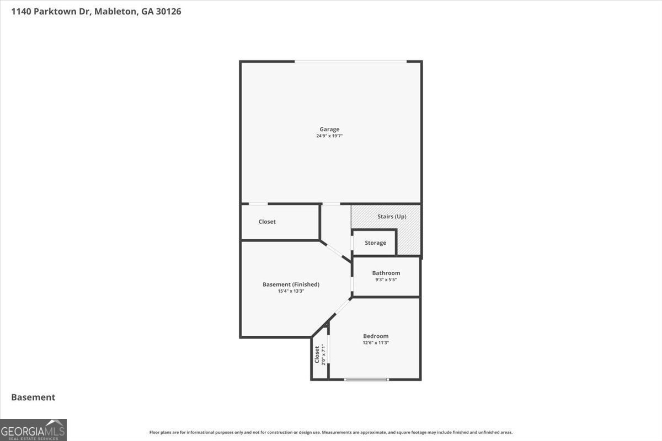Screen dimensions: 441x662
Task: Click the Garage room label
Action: click(x=329, y=130)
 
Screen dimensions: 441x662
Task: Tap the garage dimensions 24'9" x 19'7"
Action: click(x=329, y=136)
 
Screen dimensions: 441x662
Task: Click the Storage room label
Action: click(x=375, y=243)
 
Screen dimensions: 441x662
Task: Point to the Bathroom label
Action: click(x=386, y=273)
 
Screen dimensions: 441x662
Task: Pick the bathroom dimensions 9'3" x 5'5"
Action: click(x=386, y=279)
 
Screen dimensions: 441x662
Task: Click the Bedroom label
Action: click(x=376, y=336)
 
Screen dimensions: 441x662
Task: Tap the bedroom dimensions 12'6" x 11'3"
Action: click(x=376, y=343)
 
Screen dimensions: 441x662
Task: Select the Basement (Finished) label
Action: click(x=291, y=284)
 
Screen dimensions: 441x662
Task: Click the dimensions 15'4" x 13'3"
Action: click(x=291, y=291)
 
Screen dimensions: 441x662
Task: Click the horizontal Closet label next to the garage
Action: click(x=267, y=222)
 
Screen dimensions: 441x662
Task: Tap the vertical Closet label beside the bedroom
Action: click(x=317, y=354)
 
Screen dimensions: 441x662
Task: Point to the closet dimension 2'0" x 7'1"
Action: click(x=324, y=354)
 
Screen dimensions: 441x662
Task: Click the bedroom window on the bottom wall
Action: click(x=366, y=379)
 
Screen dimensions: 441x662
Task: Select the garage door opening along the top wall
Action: click(x=351, y=61)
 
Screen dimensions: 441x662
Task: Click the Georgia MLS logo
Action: click(x=33, y=430)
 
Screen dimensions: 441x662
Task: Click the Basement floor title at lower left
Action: click(x=33, y=397)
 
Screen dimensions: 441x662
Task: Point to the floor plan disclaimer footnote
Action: click(x=331, y=432)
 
